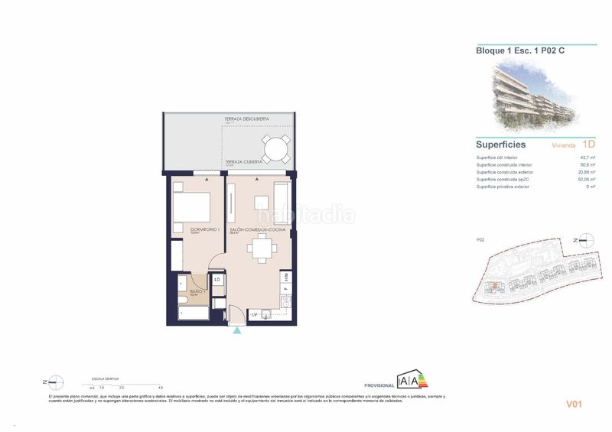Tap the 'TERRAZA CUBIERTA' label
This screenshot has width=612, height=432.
(x=243, y=162)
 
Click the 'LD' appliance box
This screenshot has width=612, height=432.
(x=217, y=279)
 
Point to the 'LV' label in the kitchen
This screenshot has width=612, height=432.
(x=256, y=315)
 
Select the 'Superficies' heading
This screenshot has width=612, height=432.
(x=501, y=144)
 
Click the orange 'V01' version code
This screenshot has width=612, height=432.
(x=574, y=404)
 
